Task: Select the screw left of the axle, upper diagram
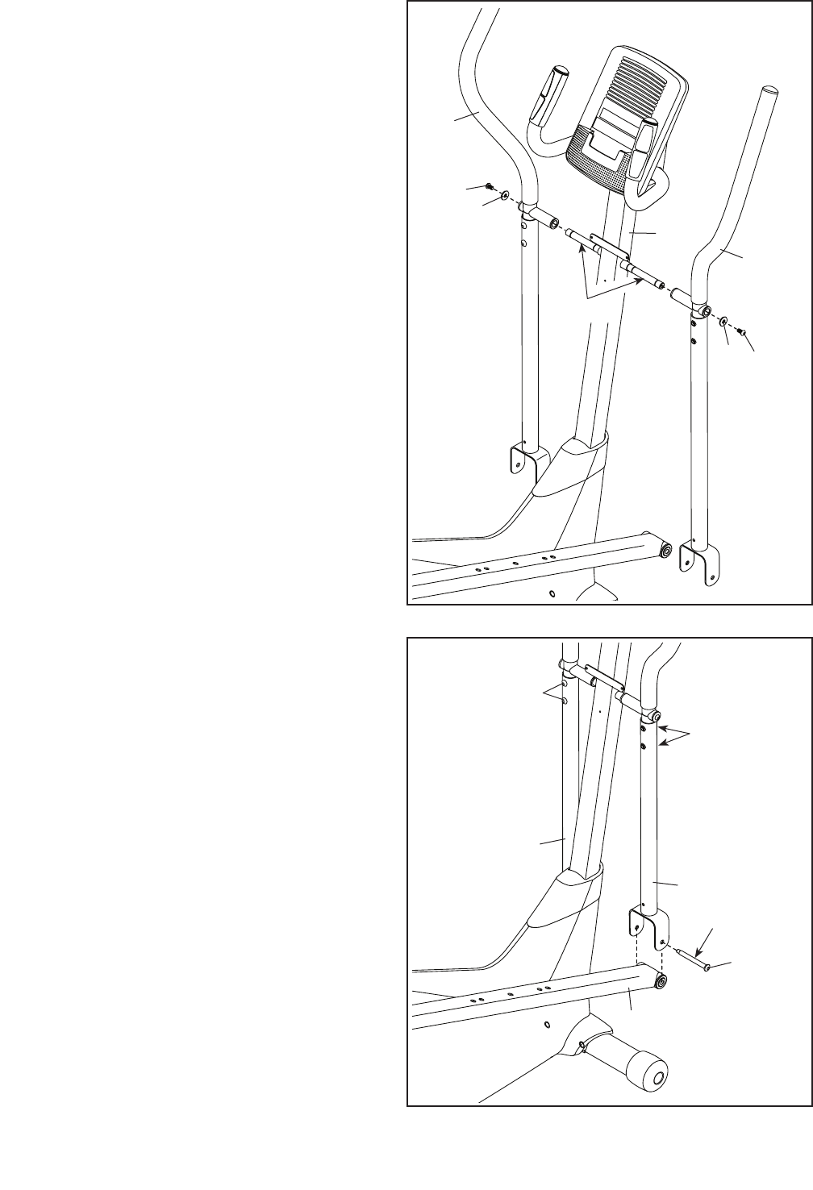[x=490, y=188]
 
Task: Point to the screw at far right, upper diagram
[x=743, y=332]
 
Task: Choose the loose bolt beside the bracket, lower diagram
[x=693, y=959]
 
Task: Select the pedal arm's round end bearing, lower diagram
[x=662, y=981]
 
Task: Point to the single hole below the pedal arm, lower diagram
[x=547, y=1024]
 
